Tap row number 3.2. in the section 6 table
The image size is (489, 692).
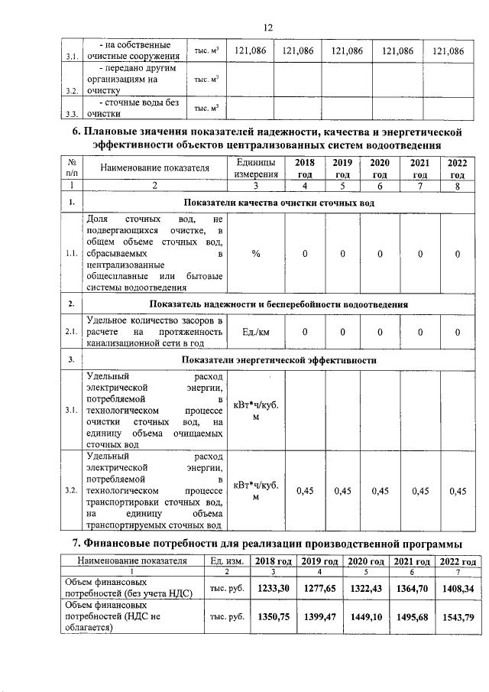click(71, 490)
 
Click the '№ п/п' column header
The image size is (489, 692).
click(71, 168)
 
